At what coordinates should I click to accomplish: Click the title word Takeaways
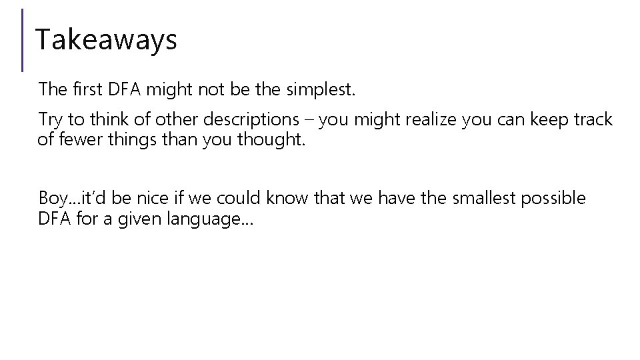[x=106, y=40]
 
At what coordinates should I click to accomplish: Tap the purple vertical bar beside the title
[x=23, y=40]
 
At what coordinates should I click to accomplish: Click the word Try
[x=50, y=120]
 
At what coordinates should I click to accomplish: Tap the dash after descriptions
[x=311, y=120]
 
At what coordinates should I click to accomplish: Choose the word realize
[x=419, y=120]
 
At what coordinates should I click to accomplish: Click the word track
[x=589, y=120]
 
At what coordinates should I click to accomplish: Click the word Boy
[x=50, y=199]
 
